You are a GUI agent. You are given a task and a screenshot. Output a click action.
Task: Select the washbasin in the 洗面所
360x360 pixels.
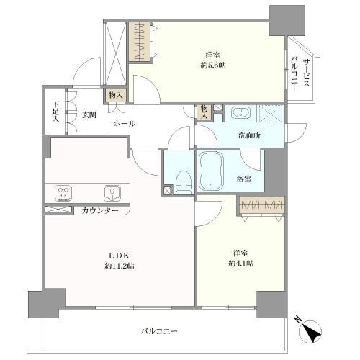coord(238,113)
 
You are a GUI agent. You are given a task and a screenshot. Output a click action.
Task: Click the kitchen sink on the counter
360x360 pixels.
coord(112,192)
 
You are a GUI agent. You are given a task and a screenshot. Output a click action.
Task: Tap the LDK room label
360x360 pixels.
coord(120,256)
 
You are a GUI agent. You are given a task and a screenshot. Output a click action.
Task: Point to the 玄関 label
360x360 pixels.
coord(89,114)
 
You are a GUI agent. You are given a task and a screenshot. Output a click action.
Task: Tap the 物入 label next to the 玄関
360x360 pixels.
coord(114,94)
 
